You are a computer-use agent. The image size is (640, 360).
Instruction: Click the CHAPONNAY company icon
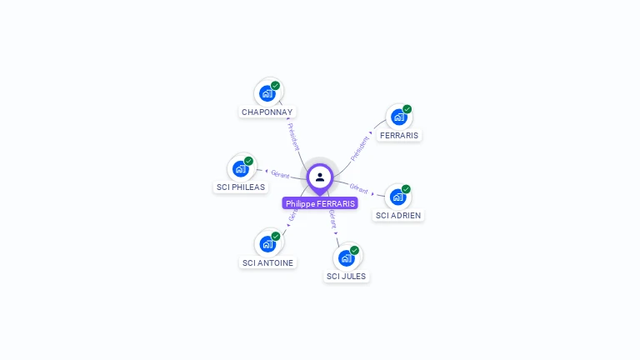pyautogui.click(x=267, y=92)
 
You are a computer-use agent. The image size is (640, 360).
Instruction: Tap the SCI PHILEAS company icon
pyautogui.click(x=241, y=168)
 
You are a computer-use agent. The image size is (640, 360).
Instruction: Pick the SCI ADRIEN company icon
pyautogui.click(x=397, y=197)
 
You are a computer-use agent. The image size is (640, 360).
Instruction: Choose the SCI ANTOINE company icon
pyautogui.click(x=267, y=244)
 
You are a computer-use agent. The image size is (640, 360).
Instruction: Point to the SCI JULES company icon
pyautogui.click(x=347, y=257)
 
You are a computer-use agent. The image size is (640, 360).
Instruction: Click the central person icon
pyautogui.click(x=320, y=177)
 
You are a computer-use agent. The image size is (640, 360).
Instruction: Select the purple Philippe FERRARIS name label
pyautogui.click(x=320, y=203)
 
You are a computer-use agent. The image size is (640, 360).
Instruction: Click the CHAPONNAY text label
pyautogui.click(x=267, y=112)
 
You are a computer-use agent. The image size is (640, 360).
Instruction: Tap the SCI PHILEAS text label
pyautogui.click(x=241, y=187)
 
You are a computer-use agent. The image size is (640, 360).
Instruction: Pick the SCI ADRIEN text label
pyautogui.click(x=398, y=216)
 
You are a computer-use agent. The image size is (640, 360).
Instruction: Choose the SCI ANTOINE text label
pyautogui.click(x=267, y=263)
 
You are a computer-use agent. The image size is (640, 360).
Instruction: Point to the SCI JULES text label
pyautogui.click(x=346, y=277)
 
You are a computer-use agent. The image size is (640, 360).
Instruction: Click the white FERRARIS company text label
pyautogui.click(x=399, y=135)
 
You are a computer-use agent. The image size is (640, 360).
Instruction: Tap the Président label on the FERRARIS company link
pyautogui.click(x=360, y=147)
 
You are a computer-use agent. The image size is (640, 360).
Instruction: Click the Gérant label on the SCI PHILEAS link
pyautogui.click(x=280, y=174)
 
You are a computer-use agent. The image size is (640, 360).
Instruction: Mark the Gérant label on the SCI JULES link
pyautogui.click(x=332, y=218)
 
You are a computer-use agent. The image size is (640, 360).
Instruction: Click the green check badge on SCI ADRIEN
pyautogui.click(x=406, y=189)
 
